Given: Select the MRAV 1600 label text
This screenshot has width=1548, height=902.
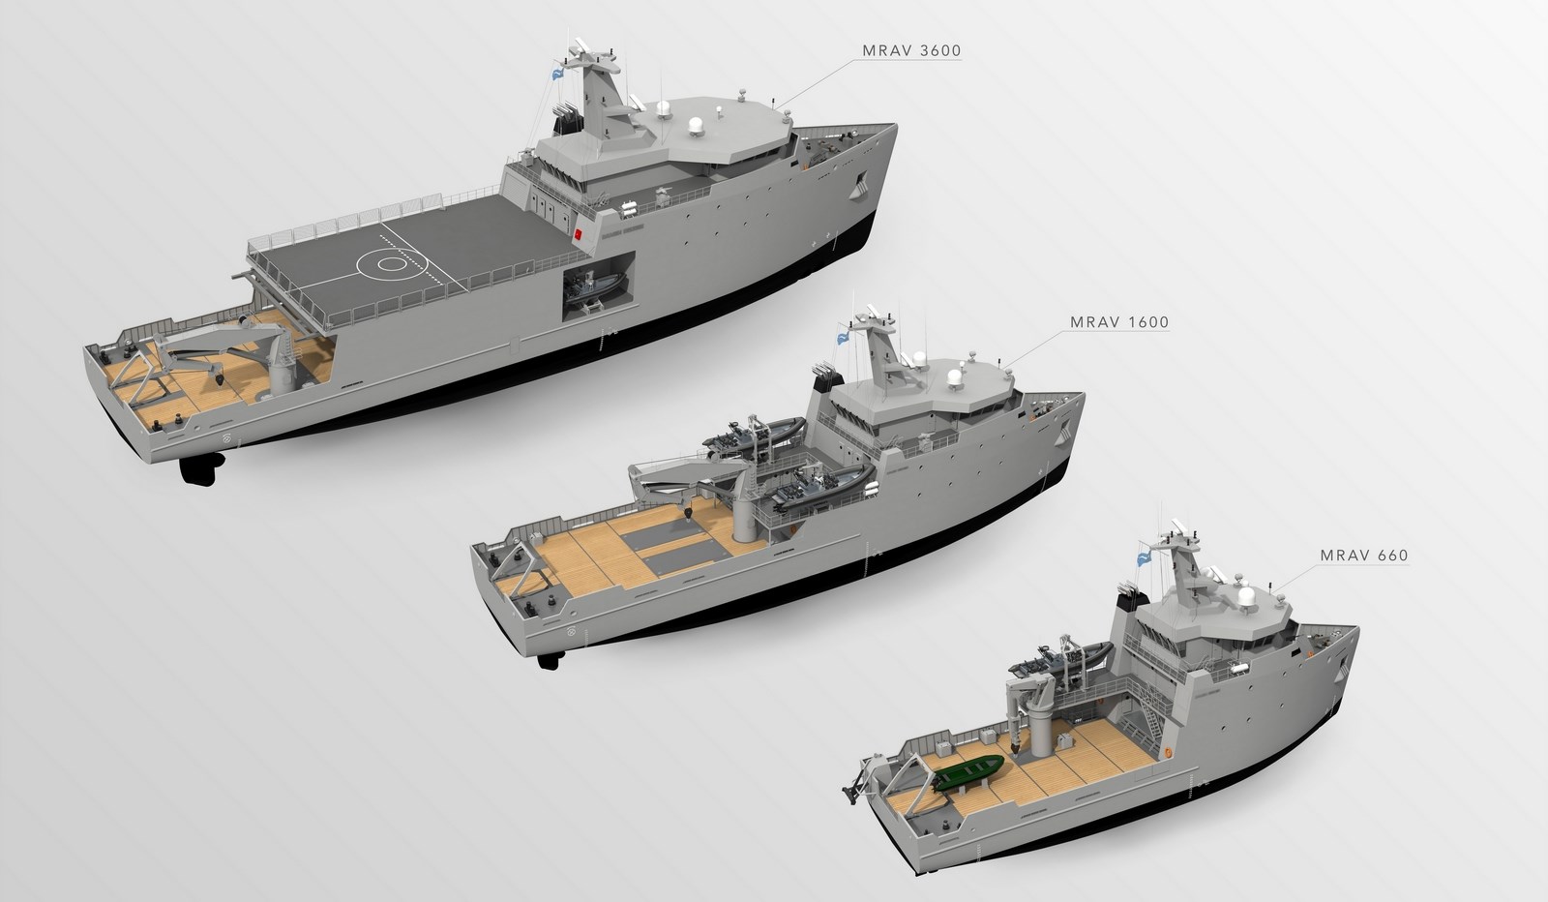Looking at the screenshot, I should pyautogui.click(x=1118, y=322).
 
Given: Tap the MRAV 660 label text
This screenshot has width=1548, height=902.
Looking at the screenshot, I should pyautogui.click(x=1363, y=556).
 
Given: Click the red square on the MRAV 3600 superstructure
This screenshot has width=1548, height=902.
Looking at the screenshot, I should pyautogui.click(x=579, y=235).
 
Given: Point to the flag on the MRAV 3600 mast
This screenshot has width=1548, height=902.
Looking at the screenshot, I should pyautogui.click(x=557, y=73).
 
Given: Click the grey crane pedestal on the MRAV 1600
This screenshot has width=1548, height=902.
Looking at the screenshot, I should pyautogui.click(x=744, y=512).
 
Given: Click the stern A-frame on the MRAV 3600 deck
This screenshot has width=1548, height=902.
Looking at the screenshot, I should pyautogui.click(x=164, y=373).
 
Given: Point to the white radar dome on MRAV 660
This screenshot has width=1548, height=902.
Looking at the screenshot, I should pyautogui.click(x=1246, y=594).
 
